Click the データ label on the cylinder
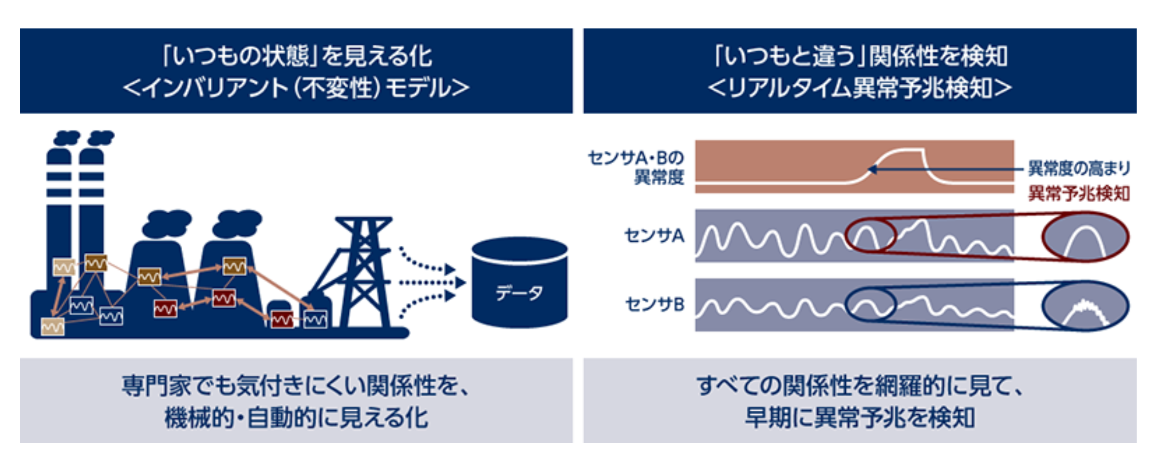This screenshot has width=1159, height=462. (x=519, y=293)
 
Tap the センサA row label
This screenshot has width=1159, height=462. (x=654, y=236)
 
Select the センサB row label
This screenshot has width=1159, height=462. (x=654, y=304)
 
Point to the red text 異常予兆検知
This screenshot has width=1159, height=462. (x=1079, y=193)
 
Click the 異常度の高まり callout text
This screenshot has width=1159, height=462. (x=1079, y=168)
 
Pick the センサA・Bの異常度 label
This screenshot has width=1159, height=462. (x=636, y=168)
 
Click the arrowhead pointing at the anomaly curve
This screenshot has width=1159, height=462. (x=872, y=169)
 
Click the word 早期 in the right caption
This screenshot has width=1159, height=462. (x=768, y=418)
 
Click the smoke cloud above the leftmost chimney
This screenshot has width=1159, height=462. (x=67, y=138)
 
